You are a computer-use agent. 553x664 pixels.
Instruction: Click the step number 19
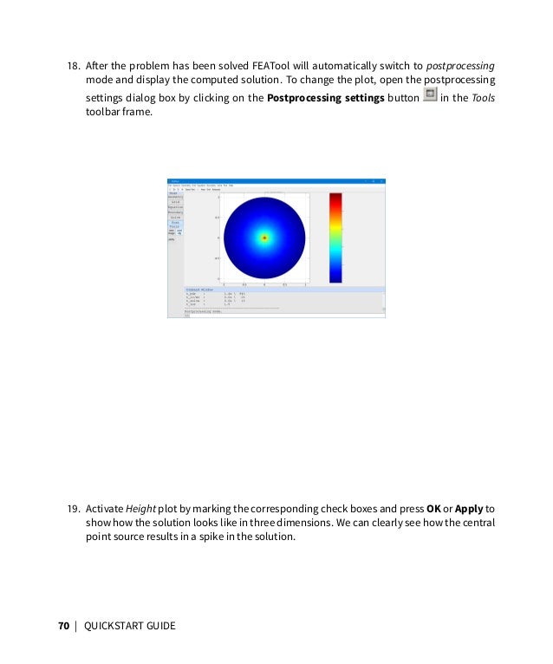[x=74, y=508]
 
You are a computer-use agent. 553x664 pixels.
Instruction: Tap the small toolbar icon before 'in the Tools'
[x=429, y=96]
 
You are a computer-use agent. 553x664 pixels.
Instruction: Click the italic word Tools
[x=484, y=98]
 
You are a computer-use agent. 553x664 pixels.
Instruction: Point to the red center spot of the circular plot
[x=263, y=238]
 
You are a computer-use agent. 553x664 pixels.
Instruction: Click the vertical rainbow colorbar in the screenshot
[x=335, y=238]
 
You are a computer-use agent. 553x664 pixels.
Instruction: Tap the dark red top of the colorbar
[x=335, y=197]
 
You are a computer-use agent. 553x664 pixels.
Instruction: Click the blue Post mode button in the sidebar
[x=175, y=223]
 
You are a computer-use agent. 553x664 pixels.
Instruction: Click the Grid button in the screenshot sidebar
[x=175, y=202]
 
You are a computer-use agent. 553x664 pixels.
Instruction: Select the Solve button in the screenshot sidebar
[x=175, y=217]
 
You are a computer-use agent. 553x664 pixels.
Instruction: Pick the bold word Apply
[x=469, y=508]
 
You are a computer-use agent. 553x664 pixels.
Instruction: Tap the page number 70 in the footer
[x=64, y=624]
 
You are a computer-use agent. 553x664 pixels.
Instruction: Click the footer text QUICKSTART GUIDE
[x=129, y=624]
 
